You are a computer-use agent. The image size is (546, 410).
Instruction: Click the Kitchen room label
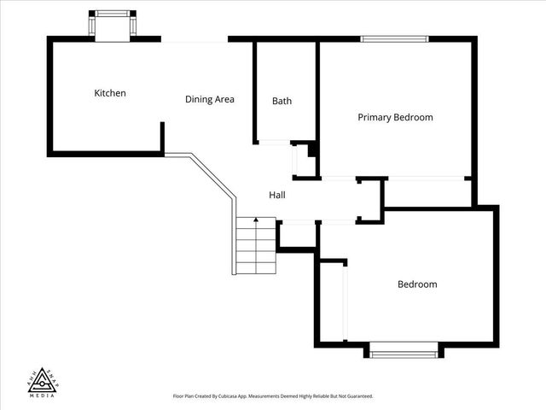(x=110, y=93)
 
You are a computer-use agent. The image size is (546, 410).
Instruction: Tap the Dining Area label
(x=209, y=99)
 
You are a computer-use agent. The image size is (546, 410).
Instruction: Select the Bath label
(x=282, y=101)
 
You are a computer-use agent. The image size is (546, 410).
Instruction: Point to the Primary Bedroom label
(x=395, y=117)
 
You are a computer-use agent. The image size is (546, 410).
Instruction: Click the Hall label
(x=277, y=195)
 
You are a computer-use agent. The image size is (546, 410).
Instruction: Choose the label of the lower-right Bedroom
(x=417, y=284)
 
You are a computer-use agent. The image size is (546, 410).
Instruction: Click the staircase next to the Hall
(x=256, y=248)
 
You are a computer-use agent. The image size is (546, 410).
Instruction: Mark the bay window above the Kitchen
(x=113, y=25)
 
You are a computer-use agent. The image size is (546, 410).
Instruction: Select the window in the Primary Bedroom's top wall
(x=394, y=38)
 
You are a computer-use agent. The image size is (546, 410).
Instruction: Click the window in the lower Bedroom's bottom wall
(x=404, y=348)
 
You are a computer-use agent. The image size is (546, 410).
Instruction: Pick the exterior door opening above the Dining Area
(x=195, y=39)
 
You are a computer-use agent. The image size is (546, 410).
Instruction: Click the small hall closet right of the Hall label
(x=369, y=200)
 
